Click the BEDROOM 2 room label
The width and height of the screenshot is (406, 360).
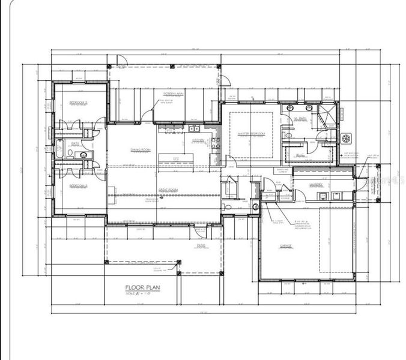click(x=78, y=103)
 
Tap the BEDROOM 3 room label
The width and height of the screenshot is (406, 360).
click(x=78, y=186)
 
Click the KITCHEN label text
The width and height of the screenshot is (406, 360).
click(x=198, y=140)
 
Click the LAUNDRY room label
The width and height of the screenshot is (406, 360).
click(x=317, y=184)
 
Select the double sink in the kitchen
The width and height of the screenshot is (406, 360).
click(x=193, y=128)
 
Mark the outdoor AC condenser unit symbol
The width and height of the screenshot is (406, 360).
click(x=347, y=139)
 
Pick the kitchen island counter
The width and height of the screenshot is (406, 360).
click(x=176, y=158)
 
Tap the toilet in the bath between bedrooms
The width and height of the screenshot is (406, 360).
click(x=71, y=154)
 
